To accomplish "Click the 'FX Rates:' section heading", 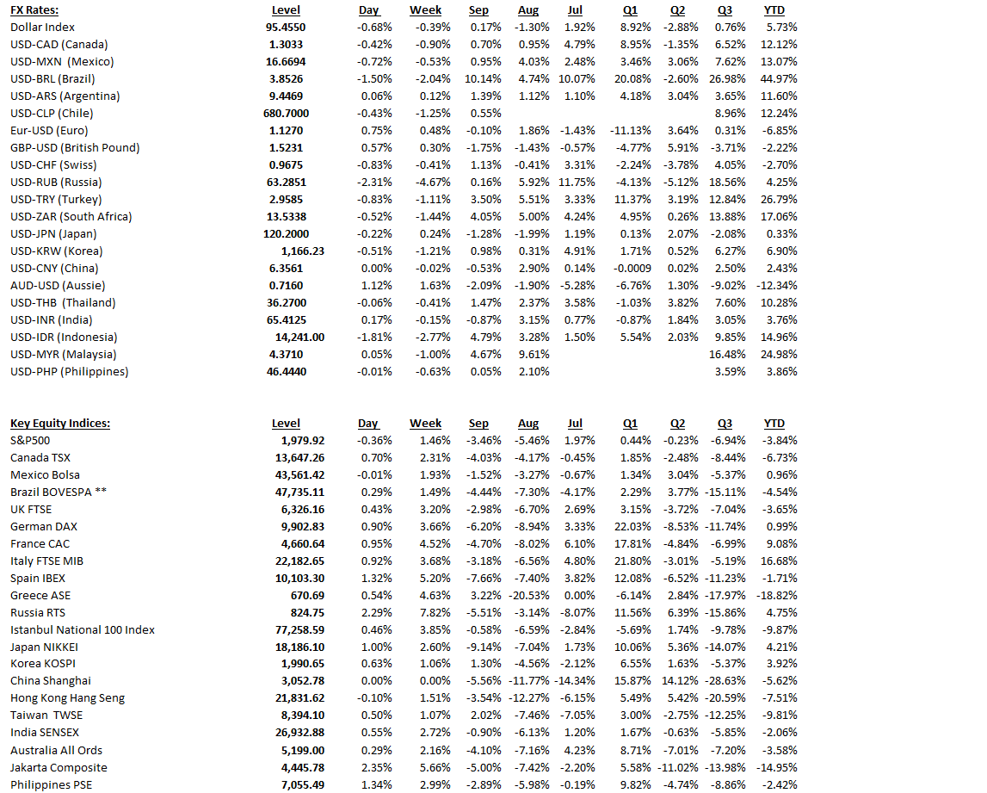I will pyautogui.click(x=34, y=10).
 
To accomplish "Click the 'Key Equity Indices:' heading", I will pyautogui.click(x=59, y=424).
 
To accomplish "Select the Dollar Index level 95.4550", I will pyautogui.click(x=286, y=28).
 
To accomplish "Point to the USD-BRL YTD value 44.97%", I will pyautogui.click(x=780, y=79).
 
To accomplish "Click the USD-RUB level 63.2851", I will pyautogui.click(x=286, y=183).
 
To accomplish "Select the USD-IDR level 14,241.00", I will pyautogui.click(x=299, y=338).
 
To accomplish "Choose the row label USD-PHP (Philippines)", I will pyautogui.click(x=69, y=372).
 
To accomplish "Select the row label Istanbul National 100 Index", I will pyautogui.click(x=83, y=630).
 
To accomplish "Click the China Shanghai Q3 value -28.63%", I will pyautogui.click(x=726, y=682).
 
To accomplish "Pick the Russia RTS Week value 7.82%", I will pyautogui.click(x=435, y=613).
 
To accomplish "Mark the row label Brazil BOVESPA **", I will pyautogui.click(x=58, y=493).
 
